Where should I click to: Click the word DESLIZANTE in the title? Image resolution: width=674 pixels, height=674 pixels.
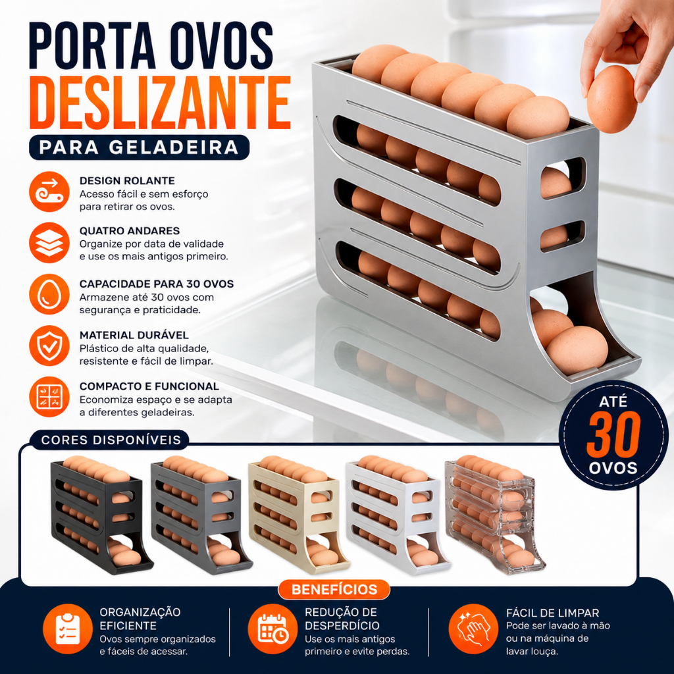tap(161, 103)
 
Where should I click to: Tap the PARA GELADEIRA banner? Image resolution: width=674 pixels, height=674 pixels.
tap(139, 147)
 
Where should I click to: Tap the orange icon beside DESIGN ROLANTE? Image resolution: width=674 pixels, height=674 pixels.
tap(49, 192)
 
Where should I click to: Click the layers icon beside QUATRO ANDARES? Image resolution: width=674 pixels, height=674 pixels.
tap(49, 243)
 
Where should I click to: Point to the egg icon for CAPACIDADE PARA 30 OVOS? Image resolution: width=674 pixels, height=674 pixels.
tap(49, 294)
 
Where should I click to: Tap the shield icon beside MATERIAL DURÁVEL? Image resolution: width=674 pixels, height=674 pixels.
tap(49, 346)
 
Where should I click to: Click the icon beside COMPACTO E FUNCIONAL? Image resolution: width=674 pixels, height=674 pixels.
tap(49, 397)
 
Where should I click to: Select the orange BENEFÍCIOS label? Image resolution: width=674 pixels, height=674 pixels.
tap(334, 589)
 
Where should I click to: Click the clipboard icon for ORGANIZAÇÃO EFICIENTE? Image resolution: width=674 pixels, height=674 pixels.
tap(68, 629)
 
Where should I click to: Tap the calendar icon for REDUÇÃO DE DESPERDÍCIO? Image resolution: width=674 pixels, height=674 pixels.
tap(272, 629)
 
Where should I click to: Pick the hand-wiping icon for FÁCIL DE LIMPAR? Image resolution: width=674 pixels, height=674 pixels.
tap(473, 629)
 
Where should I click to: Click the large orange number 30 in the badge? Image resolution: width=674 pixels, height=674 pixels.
tap(613, 437)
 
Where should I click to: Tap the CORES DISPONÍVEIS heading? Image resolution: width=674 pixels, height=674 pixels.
tap(111, 440)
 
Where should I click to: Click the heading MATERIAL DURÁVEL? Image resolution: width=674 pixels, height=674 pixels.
tap(134, 335)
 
